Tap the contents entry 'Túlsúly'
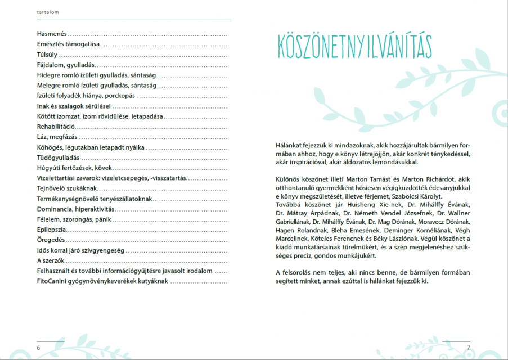[47, 55]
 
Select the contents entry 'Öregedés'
[50, 240]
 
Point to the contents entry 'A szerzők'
[50, 260]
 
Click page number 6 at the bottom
[39, 348]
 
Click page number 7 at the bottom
[468, 348]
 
